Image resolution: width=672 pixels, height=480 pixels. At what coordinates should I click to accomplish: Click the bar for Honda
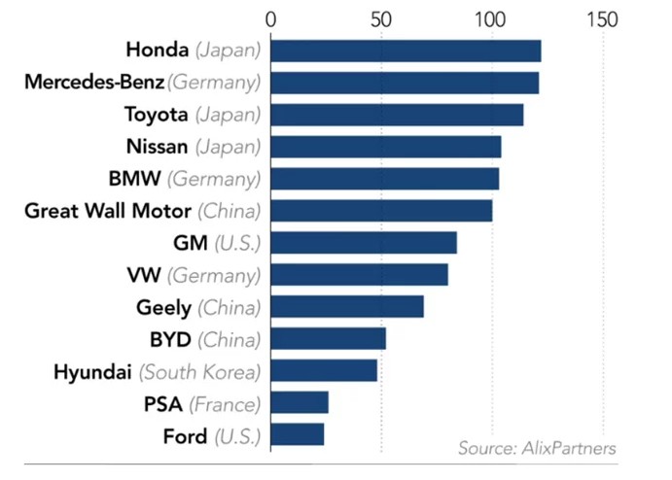tap(406, 51)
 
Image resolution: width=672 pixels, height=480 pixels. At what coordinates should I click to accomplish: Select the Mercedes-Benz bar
tap(405, 83)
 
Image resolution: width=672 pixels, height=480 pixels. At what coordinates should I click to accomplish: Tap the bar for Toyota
tap(397, 115)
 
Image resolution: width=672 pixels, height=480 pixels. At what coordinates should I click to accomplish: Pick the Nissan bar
tap(386, 147)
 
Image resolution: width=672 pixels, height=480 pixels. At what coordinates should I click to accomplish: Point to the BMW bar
tap(385, 179)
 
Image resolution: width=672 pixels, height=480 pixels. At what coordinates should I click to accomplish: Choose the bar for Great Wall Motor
tap(381, 210)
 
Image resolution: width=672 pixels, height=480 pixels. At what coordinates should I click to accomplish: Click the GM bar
tap(364, 242)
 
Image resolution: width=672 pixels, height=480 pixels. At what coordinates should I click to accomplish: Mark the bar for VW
tap(360, 274)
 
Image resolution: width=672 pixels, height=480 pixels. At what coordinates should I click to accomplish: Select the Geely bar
tap(347, 306)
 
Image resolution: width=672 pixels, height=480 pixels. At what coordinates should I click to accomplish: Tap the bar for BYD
tap(329, 338)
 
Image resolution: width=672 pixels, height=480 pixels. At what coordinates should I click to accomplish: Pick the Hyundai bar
tap(324, 370)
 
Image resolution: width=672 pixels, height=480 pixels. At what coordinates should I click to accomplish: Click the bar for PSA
tap(300, 402)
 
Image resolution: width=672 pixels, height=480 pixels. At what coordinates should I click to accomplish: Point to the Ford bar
tap(298, 434)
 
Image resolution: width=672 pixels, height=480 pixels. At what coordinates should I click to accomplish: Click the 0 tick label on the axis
tap(270, 18)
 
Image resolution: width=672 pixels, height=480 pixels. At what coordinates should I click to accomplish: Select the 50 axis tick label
tap(381, 18)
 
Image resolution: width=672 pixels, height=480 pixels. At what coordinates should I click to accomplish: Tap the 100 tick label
tap(491, 18)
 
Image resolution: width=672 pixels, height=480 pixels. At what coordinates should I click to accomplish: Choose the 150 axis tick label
tap(603, 18)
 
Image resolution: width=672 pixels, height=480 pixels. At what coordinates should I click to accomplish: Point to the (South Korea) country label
tap(200, 372)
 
